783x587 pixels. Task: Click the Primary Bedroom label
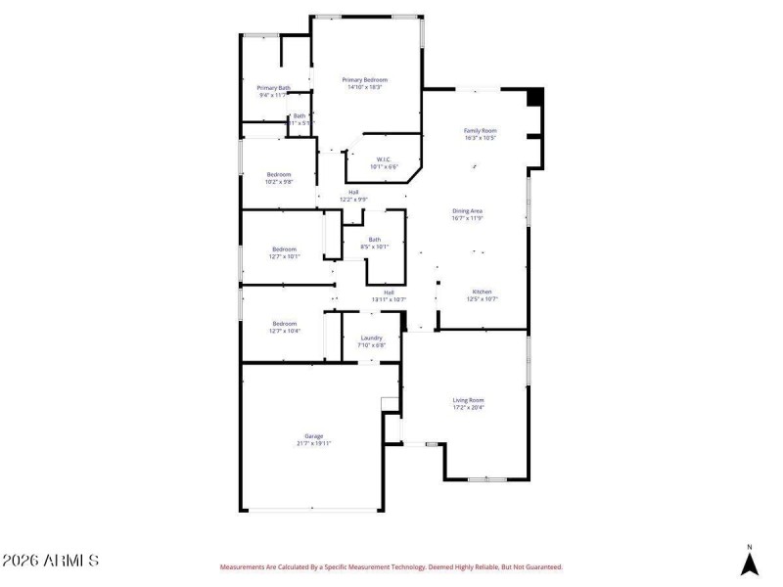pos(364,79)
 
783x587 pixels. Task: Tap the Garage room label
pos(313,436)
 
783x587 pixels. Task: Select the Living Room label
pos(468,400)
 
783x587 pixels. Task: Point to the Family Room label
pos(480,130)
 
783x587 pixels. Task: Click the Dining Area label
pos(468,211)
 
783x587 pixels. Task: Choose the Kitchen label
pos(482,293)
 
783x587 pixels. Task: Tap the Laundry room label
pos(371,338)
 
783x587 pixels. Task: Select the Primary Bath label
pos(273,88)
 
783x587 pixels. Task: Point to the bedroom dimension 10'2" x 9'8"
pos(279,182)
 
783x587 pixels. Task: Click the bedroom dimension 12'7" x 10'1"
pos(285,256)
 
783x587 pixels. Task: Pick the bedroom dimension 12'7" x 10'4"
pos(285,331)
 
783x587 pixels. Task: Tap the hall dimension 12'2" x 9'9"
pos(353,200)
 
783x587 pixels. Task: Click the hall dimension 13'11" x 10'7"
pos(389,299)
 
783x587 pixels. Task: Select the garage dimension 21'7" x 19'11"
pos(313,443)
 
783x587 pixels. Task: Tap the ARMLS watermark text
pos(50,561)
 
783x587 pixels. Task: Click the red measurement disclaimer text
pos(391,566)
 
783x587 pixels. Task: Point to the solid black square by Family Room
pos(534,98)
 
